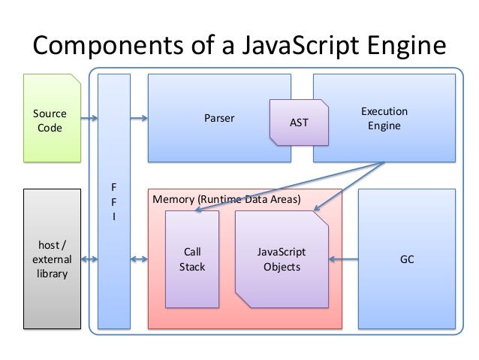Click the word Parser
pyautogui.click(x=219, y=119)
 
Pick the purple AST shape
pyautogui.click(x=298, y=122)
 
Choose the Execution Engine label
pyautogui.click(x=384, y=119)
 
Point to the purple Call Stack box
pyautogui.click(x=192, y=259)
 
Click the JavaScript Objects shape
pyautogui.click(x=282, y=259)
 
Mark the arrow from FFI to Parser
pyautogui.click(x=139, y=118)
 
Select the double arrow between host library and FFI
pyautogui.click(x=89, y=259)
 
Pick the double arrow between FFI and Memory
pyautogui.click(x=139, y=259)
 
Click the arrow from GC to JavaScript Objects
pyautogui.click(x=343, y=260)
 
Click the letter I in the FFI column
pyautogui.click(x=114, y=216)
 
